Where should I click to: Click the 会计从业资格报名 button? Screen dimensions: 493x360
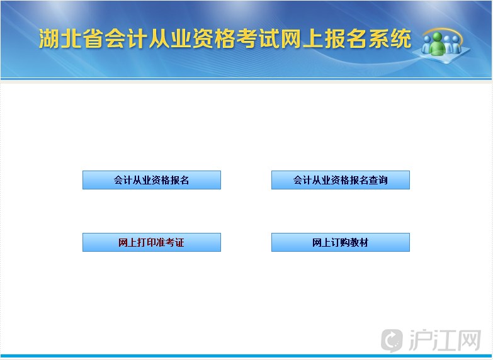[152, 180]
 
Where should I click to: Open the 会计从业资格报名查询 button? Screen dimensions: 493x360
[341, 180]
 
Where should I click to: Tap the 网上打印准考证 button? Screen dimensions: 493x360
[152, 242]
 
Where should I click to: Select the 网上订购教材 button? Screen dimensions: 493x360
[341, 242]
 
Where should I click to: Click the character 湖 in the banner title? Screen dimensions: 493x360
[49, 39]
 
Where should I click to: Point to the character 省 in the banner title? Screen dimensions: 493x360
[93, 39]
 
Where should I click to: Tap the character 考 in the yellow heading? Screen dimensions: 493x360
[247, 39]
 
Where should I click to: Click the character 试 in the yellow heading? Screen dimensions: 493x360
[269, 39]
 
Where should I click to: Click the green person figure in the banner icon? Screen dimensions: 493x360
[438, 44]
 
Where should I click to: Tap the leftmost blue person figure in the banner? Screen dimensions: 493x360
[426, 43]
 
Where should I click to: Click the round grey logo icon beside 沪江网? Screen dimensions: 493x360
[392, 340]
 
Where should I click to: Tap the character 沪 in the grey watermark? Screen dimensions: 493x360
[421, 340]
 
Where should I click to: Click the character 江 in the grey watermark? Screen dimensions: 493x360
[445, 340]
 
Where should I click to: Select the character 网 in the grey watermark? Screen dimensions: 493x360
[469, 340]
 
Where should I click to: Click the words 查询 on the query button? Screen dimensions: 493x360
[378, 180]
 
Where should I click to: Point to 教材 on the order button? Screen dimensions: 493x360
[360, 242]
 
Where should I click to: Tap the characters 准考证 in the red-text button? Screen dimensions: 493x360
[170, 242]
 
